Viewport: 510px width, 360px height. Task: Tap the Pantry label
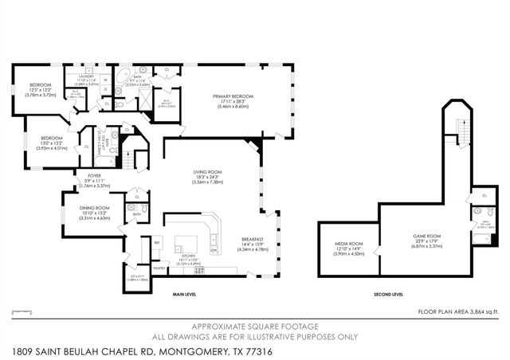(159, 268)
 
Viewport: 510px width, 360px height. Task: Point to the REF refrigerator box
(157, 243)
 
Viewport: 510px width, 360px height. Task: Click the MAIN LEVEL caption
(185, 295)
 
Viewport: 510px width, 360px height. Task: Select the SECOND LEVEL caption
(388, 295)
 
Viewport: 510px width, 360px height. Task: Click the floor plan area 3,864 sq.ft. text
(458, 311)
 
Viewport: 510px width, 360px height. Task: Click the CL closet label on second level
(484, 196)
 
